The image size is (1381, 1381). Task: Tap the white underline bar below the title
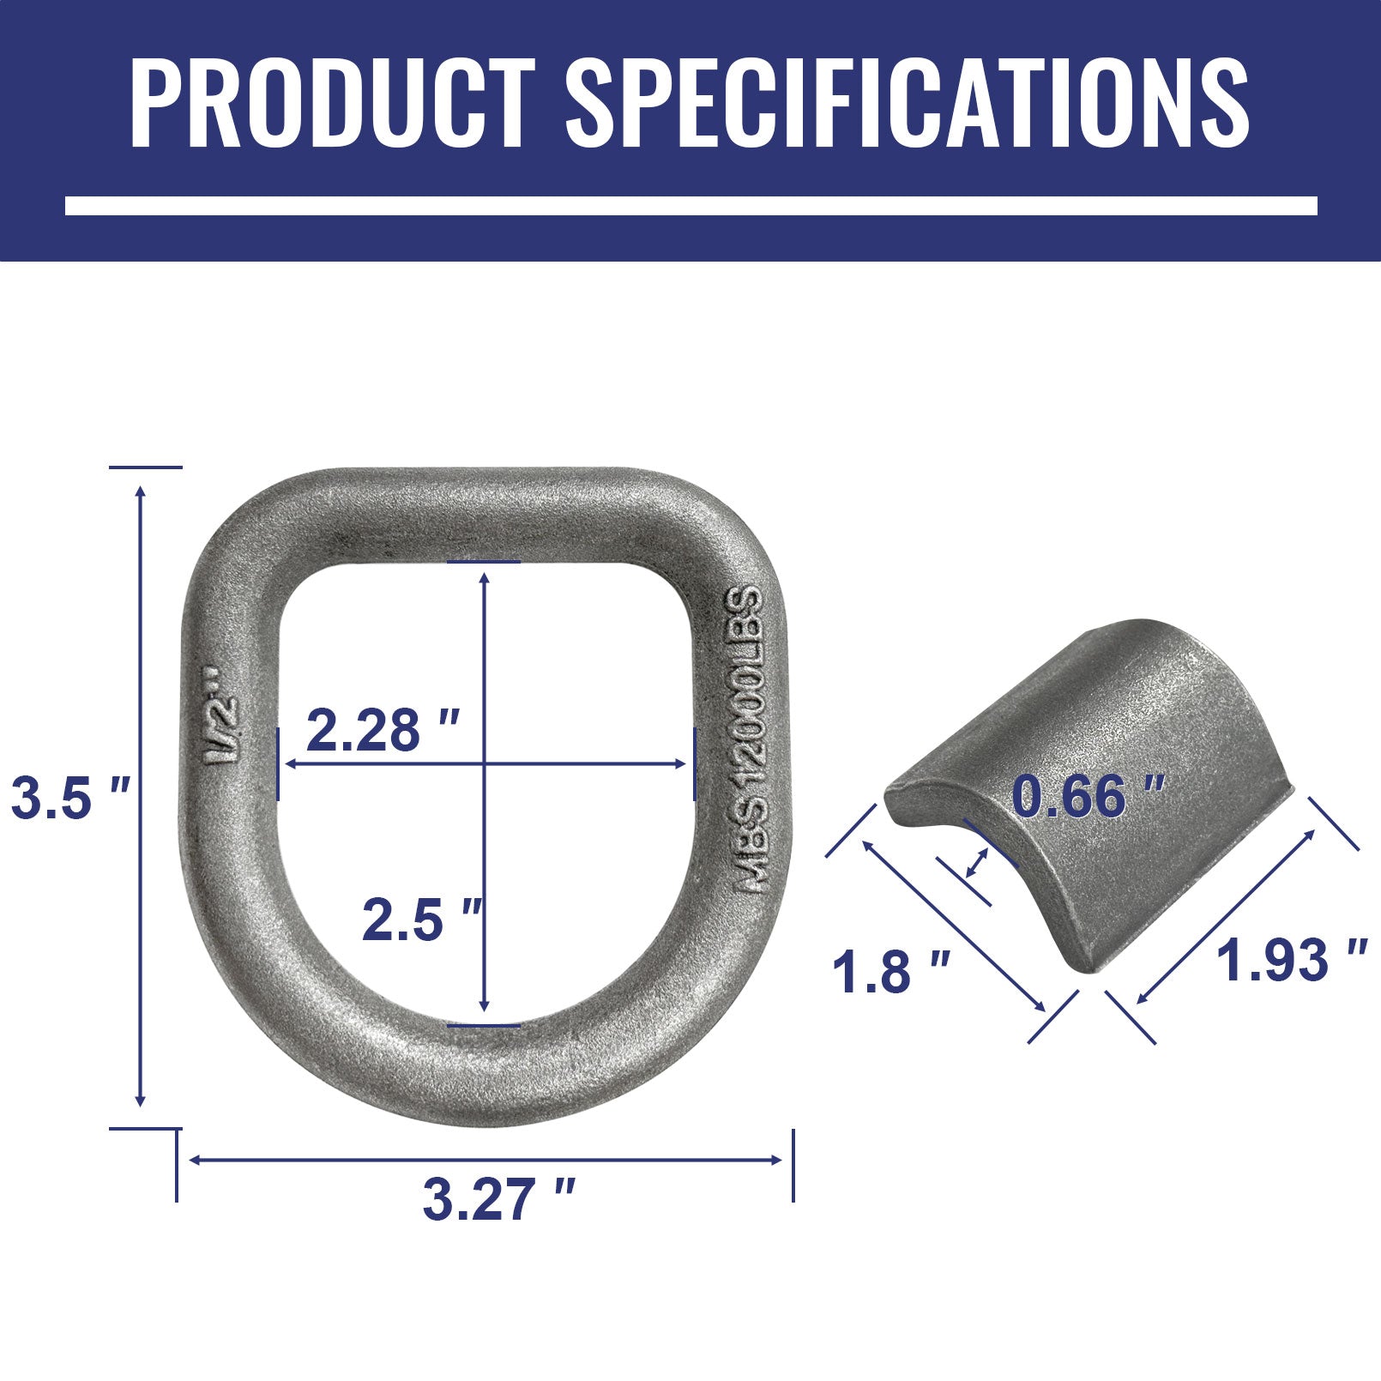690,206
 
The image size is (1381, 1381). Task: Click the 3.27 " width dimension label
498,1199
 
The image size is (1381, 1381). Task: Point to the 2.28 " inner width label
383,731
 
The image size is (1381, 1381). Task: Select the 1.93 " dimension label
1292,960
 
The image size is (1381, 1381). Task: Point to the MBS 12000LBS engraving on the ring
746,739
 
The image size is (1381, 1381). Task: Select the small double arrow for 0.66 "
976,863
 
